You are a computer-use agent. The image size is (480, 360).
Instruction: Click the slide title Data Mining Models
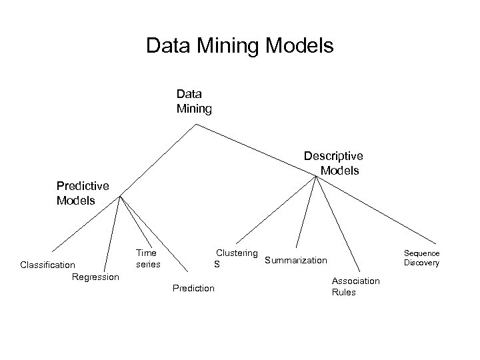tap(239, 46)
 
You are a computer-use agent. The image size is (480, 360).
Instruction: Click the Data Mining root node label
tap(193, 101)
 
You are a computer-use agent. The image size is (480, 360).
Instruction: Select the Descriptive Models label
tap(333, 163)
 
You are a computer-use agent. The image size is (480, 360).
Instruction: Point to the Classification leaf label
tap(47, 265)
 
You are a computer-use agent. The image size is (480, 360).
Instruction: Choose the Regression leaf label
tap(95, 277)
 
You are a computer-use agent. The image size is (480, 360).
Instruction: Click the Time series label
tap(147, 258)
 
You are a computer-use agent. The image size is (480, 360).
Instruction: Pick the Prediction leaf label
tap(193, 288)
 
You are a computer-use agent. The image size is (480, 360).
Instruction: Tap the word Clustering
tap(236, 253)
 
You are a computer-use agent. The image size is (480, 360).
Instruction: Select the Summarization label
tap(296, 260)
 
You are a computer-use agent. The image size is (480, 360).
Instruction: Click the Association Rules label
tap(355, 287)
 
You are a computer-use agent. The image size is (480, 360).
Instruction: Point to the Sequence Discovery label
tap(421, 258)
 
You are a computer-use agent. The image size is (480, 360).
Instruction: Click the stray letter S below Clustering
tap(216, 265)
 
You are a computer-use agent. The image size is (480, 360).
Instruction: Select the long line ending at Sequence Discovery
tap(380, 211)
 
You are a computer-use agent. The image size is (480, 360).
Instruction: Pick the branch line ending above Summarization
tap(307, 213)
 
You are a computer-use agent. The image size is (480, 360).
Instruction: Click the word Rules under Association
tap(344, 292)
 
